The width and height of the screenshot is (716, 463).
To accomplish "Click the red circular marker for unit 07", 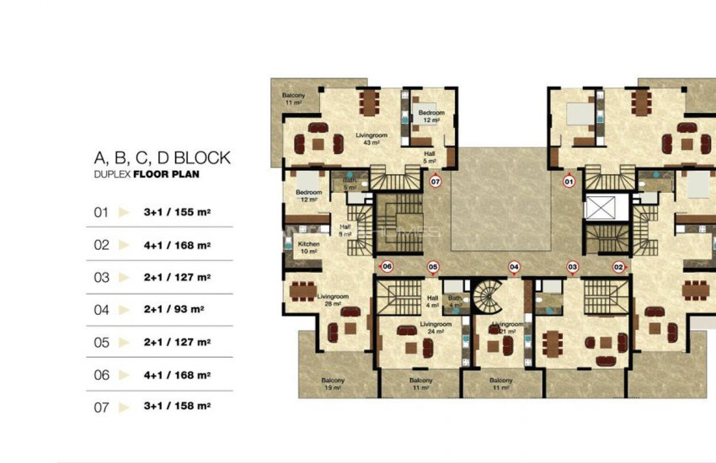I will click(435, 181).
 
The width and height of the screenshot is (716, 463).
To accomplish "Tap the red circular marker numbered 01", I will click(569, 181).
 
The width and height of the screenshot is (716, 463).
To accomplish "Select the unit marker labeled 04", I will click(514, 267).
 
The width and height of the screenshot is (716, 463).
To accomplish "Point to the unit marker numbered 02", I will click(618, 267).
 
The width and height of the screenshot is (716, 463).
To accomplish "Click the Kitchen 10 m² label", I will click(308, 247).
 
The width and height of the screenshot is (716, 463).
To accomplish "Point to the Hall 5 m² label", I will click(430, 157).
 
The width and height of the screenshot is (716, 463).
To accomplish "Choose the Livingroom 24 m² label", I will click(435, 327).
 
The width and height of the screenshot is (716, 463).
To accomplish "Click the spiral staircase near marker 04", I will click(488, 296).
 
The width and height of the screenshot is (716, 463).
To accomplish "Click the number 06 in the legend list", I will click(102, 375).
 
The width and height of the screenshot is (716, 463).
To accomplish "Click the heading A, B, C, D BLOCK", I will click(162, 158).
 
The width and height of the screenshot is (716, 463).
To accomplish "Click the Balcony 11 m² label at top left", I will click(293, 98).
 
